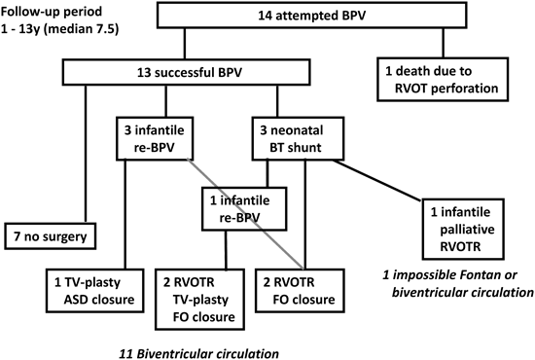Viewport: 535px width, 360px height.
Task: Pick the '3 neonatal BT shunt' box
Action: click(291, 138)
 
